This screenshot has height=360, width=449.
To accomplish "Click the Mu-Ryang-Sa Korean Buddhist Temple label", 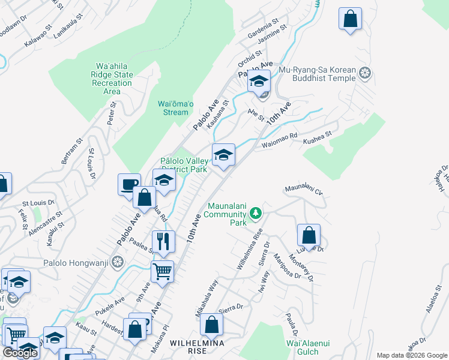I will pos(324,74).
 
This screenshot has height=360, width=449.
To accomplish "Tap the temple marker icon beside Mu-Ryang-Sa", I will pos(364,74).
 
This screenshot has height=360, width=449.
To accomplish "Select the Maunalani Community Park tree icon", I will pos(256,213).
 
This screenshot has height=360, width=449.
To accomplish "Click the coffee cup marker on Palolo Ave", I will pos(129,184).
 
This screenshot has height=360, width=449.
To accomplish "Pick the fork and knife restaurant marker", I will pos(163,241).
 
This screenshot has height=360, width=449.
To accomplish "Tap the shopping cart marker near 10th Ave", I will pos(162,271).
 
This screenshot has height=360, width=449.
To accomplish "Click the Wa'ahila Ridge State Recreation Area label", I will pos(114,79).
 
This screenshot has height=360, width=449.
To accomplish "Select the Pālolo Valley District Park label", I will pos(184,165).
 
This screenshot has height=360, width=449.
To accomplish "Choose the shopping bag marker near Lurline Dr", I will pos(309,235).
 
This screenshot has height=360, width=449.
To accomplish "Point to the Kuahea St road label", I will pos(317,137).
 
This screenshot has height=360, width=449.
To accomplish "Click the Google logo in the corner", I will pos(20,353).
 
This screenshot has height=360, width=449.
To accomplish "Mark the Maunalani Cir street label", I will pos(304,191).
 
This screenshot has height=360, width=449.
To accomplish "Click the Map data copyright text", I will pos(411,355).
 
